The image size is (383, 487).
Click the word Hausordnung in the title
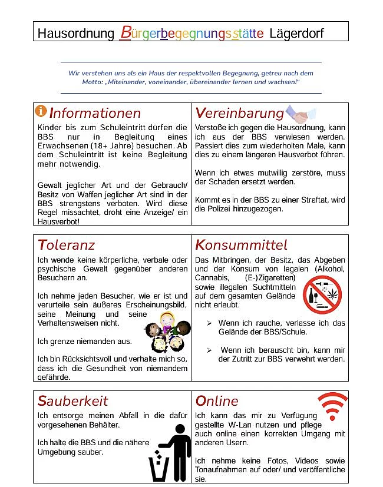click(x=75, y=33)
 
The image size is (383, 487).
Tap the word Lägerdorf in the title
click(x=296, y=33)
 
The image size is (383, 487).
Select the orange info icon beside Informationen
click(x=41, y=111)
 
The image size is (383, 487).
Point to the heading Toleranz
click(x=66, y=244)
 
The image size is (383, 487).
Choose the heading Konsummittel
click(x=241, y=244)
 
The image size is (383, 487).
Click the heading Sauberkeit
click(x=73, y=401)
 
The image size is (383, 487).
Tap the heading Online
click(x=217, y=401)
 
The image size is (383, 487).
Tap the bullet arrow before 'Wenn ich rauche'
click(x=210, y=323)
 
